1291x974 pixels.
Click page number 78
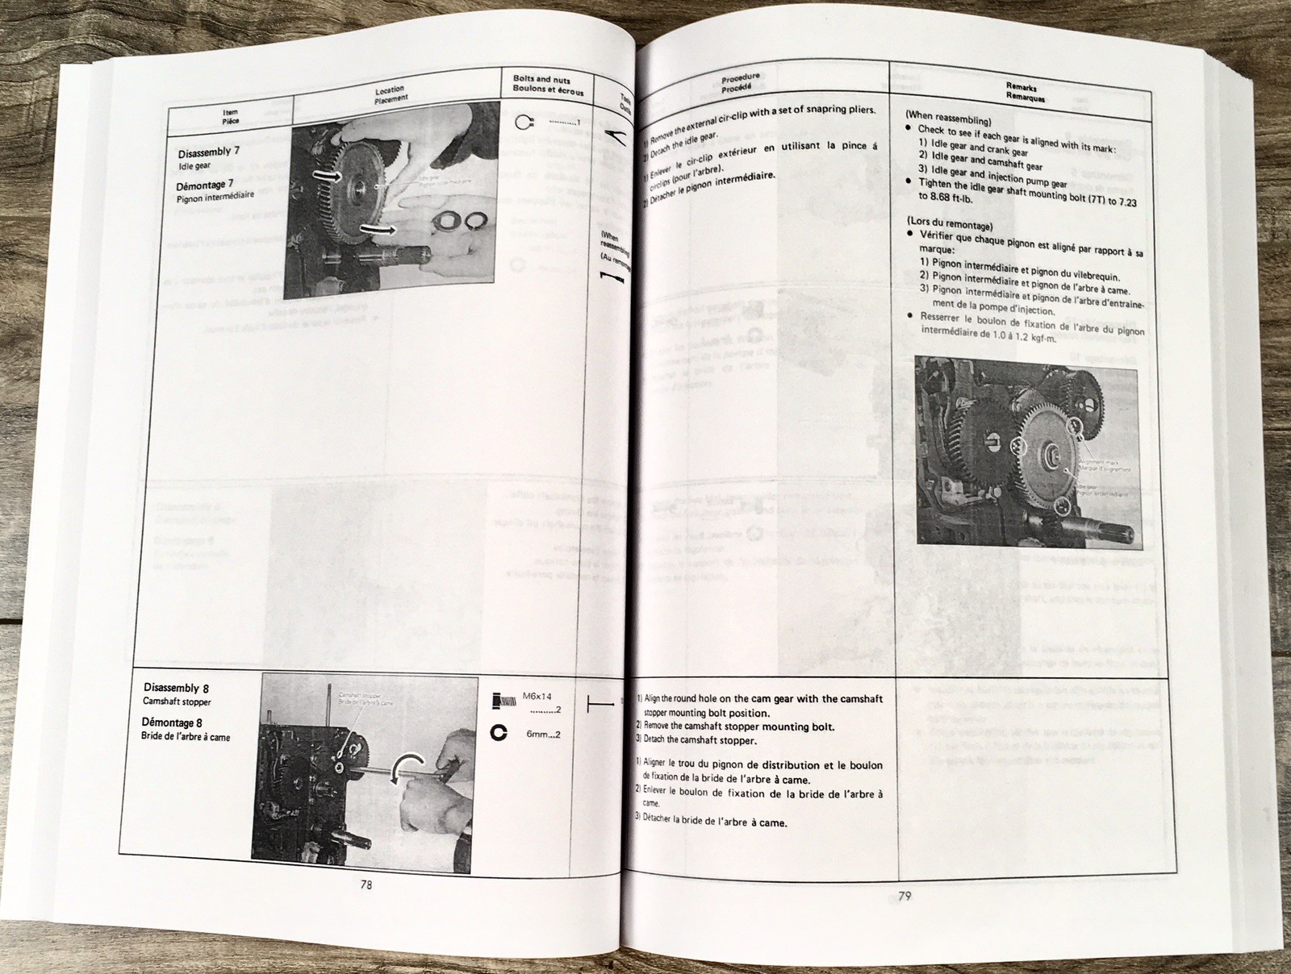pos(366,884)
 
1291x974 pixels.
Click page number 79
pos(905,896)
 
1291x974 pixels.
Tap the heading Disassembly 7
pos(209,152)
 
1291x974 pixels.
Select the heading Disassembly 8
pos(176,688)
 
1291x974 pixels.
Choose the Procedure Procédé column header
pos(740,81)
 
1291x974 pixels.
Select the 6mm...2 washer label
pos(543,735)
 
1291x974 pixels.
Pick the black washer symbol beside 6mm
pos(499,734)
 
